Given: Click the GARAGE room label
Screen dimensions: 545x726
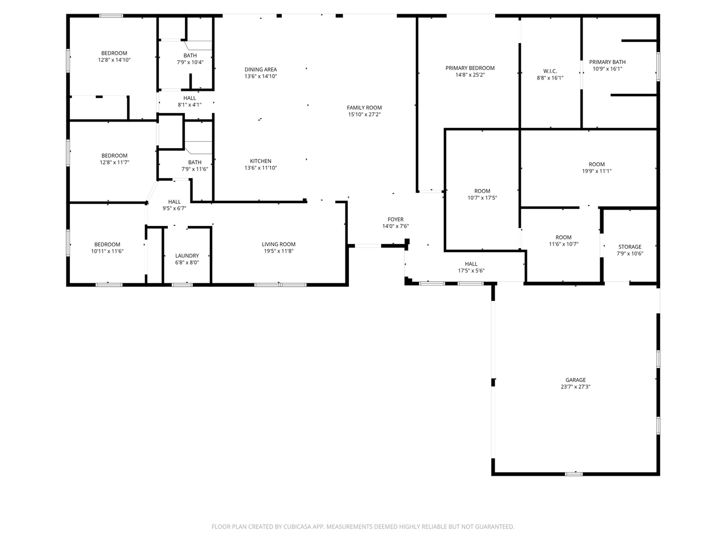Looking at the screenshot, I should click(x=575, y=380).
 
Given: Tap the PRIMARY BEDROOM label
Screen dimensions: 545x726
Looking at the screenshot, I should click(x=470, y=68).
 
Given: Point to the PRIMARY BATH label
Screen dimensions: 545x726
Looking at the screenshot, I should click(x=607, y=62).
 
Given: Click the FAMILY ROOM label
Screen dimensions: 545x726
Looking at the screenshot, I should click(x=364, y=108).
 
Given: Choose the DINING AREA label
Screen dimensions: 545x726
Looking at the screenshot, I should click(x=260, y=70).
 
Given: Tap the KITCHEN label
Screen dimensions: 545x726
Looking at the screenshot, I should click(x=260, y=161).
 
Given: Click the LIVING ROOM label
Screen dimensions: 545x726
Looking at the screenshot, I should click(x=278, y=245).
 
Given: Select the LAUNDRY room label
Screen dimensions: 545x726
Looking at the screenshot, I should click(x=187, y=256).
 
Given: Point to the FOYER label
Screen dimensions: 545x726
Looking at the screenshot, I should click(x=395, y=220).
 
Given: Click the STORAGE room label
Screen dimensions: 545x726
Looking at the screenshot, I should click(x=630, y=247).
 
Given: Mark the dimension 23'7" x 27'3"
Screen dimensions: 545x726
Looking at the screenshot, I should click(x=575, y=387).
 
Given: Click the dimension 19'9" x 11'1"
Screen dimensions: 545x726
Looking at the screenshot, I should click(x=597, y=171).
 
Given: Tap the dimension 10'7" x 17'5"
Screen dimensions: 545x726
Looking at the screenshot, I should click(x=482, y=198).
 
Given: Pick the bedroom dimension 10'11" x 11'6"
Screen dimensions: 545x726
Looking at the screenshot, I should click(x=107, y=251).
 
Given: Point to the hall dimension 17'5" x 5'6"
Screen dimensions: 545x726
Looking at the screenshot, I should click(x=471, y=271).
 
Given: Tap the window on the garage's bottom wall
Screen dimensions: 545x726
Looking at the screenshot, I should click(x=573, y=473).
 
